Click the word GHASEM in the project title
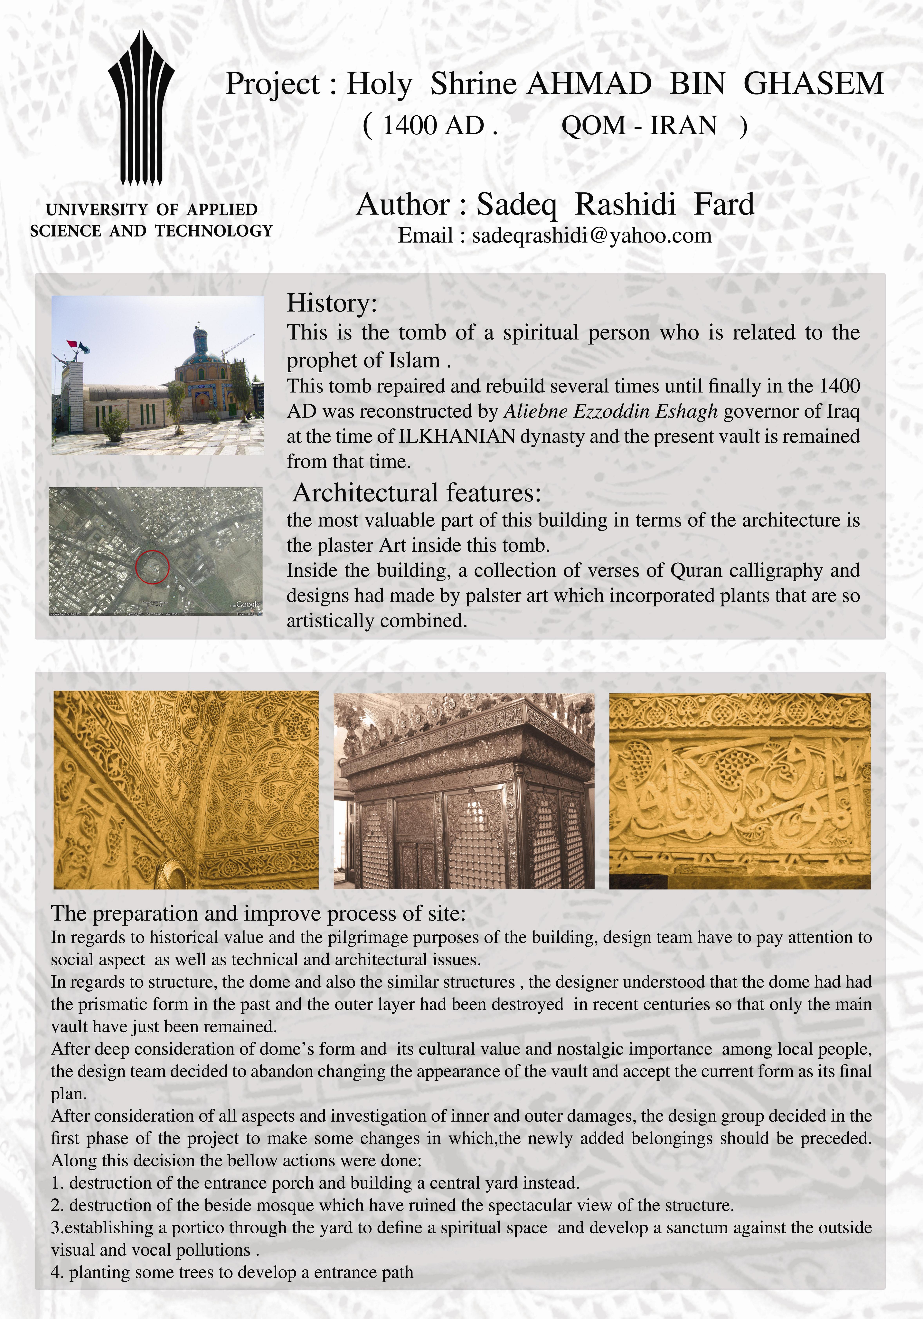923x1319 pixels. [813, 84]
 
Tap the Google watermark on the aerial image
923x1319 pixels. [248, 604]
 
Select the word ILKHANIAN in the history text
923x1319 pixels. [457, 437]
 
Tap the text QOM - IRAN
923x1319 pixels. [639, 125]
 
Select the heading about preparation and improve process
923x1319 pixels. [259, 913]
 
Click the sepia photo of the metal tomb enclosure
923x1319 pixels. [464, 791]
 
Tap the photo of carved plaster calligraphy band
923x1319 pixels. [740, 791]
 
